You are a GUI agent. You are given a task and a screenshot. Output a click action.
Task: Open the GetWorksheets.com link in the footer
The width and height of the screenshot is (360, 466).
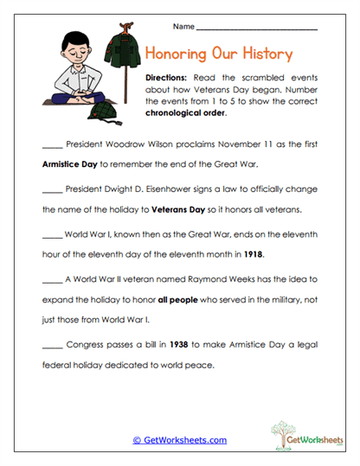(180, 440)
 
